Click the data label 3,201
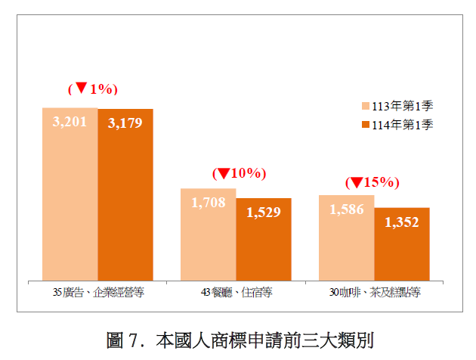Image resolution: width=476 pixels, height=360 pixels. click(70, 121)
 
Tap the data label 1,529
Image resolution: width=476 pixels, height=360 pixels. click(264, 213)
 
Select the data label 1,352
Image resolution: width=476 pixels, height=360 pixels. click(402, 222)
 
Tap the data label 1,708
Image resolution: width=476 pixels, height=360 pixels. click(209, 202)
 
